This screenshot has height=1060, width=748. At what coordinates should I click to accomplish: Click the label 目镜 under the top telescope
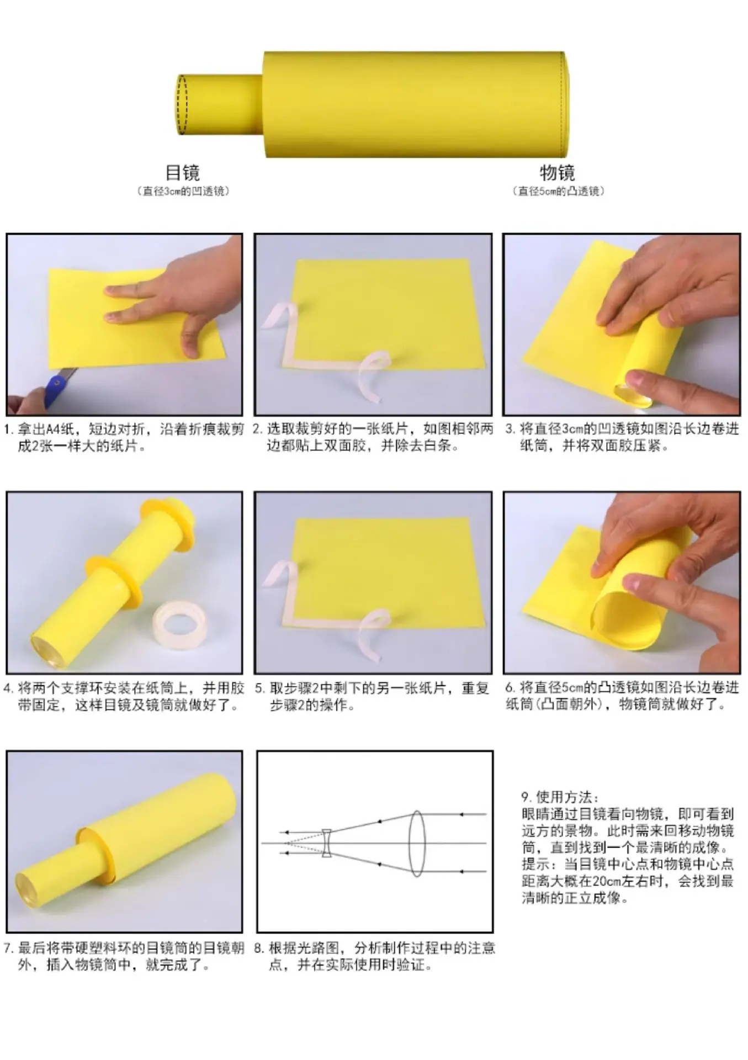pyautogui.click(x=183, y=172)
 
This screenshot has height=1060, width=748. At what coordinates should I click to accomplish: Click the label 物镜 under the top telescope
pyautogui.click(x=558, y=172)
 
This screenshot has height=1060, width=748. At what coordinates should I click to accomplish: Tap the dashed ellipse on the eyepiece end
pyautogui.click(x=182, y=104)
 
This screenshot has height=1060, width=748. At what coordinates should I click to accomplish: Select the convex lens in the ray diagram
pyautogui.click(x=417, y=843)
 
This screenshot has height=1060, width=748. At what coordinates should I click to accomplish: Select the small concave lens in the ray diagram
pyautogui.click(x=326, y=843)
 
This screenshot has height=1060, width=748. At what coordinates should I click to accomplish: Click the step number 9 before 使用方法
pyautogui.click(x=526, y=797)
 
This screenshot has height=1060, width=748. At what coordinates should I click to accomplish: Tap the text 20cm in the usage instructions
pyautogui.click(x=606, y=881)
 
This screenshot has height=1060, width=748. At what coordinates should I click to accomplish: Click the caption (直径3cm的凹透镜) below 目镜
pyautogui.click(x=183, y=192)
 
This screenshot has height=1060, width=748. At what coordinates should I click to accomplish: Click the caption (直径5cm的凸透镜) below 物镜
pyautogui.click(x=558, y=192)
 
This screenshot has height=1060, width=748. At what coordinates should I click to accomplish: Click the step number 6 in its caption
pyautogui.click(x=509, y=687)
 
